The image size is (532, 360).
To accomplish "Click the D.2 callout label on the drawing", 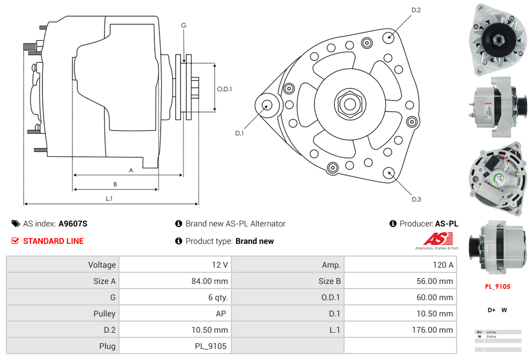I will point(416,10).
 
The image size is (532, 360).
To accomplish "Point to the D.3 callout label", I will point(416,199).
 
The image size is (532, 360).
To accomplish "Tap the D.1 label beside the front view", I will point(240,133).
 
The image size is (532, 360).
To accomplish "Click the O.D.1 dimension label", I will point(225,89).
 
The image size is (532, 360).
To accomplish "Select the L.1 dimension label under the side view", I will point(108,198).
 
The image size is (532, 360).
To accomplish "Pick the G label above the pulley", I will point(183,25).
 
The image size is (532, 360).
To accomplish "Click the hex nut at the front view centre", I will point(349,105).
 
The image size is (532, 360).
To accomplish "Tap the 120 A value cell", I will point(443,265).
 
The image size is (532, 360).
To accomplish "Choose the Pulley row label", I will point(104,314).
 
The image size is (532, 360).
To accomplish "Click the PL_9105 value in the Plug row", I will point(211,346).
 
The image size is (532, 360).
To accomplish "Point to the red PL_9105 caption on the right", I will point(498,286).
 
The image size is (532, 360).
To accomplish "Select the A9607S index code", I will point(73,224).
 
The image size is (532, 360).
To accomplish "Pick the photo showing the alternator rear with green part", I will point(497,177).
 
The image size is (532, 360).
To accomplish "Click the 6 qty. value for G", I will point(218,297).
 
